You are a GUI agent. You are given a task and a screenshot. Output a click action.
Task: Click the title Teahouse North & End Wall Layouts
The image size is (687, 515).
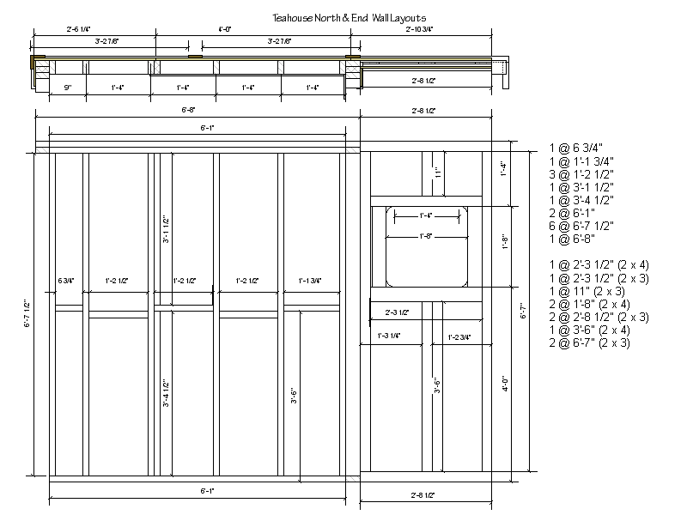(349, 16)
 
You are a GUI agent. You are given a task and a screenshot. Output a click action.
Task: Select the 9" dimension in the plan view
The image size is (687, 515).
(66, 87)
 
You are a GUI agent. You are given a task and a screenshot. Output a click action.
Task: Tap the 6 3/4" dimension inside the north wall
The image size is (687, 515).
(66, 281)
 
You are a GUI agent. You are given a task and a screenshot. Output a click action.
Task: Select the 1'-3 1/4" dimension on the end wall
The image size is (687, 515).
(389, 336)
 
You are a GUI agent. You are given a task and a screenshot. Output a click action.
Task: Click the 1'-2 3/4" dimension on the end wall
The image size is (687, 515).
(459, 336)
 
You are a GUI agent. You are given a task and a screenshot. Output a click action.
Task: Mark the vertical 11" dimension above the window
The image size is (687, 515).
(438, 173)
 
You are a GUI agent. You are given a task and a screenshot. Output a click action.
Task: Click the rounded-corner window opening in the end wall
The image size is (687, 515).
(425, 245)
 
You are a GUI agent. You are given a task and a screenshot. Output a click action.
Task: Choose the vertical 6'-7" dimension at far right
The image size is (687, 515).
(523, 314)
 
